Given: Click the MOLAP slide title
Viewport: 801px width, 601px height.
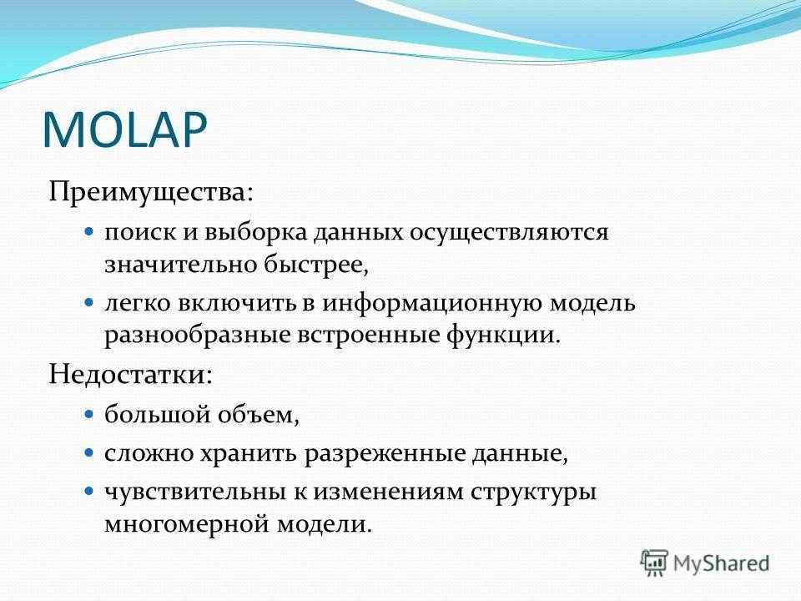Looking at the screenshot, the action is [x=124, y=129].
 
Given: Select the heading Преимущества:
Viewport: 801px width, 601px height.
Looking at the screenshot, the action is [x=151, y=194].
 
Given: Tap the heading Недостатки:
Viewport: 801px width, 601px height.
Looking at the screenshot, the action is [x=130, y=375].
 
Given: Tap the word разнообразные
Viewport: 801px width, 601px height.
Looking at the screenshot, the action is [x=197, y=336].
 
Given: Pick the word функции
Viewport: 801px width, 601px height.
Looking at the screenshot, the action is [x=500, y=336].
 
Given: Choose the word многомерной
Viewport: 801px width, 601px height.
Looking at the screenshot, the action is [x=186, y=525].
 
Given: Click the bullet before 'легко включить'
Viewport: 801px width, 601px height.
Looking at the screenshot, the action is [x=89, y=302].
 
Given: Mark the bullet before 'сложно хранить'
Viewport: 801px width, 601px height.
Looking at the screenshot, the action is [x=89, y=452].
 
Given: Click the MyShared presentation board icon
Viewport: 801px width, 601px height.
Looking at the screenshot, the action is [x=654, y=563].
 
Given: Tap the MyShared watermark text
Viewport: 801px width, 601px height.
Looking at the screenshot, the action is [x=721, y=563].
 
